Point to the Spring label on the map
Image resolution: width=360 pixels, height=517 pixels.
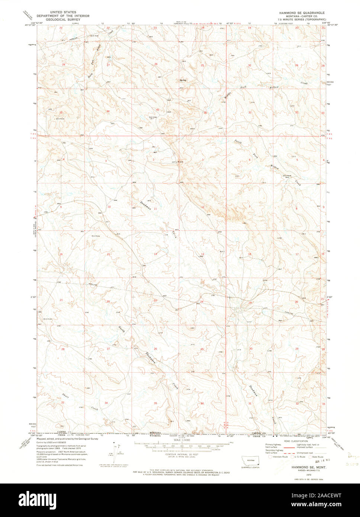[183, 80]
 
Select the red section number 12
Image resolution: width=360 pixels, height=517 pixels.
[203, 207]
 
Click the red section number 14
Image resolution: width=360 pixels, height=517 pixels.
[156, 254]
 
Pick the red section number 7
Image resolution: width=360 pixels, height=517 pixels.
[250, 206]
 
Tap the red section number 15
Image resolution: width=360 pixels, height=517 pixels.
[108, 254]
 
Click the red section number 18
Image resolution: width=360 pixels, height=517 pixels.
[250, 254]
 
